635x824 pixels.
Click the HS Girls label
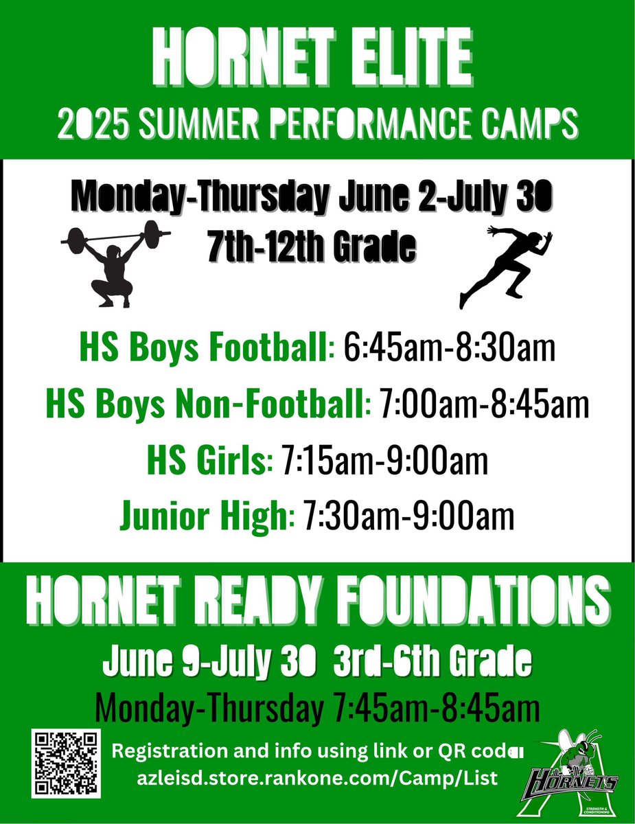[206, 461]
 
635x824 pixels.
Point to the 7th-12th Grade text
[313, 246]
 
